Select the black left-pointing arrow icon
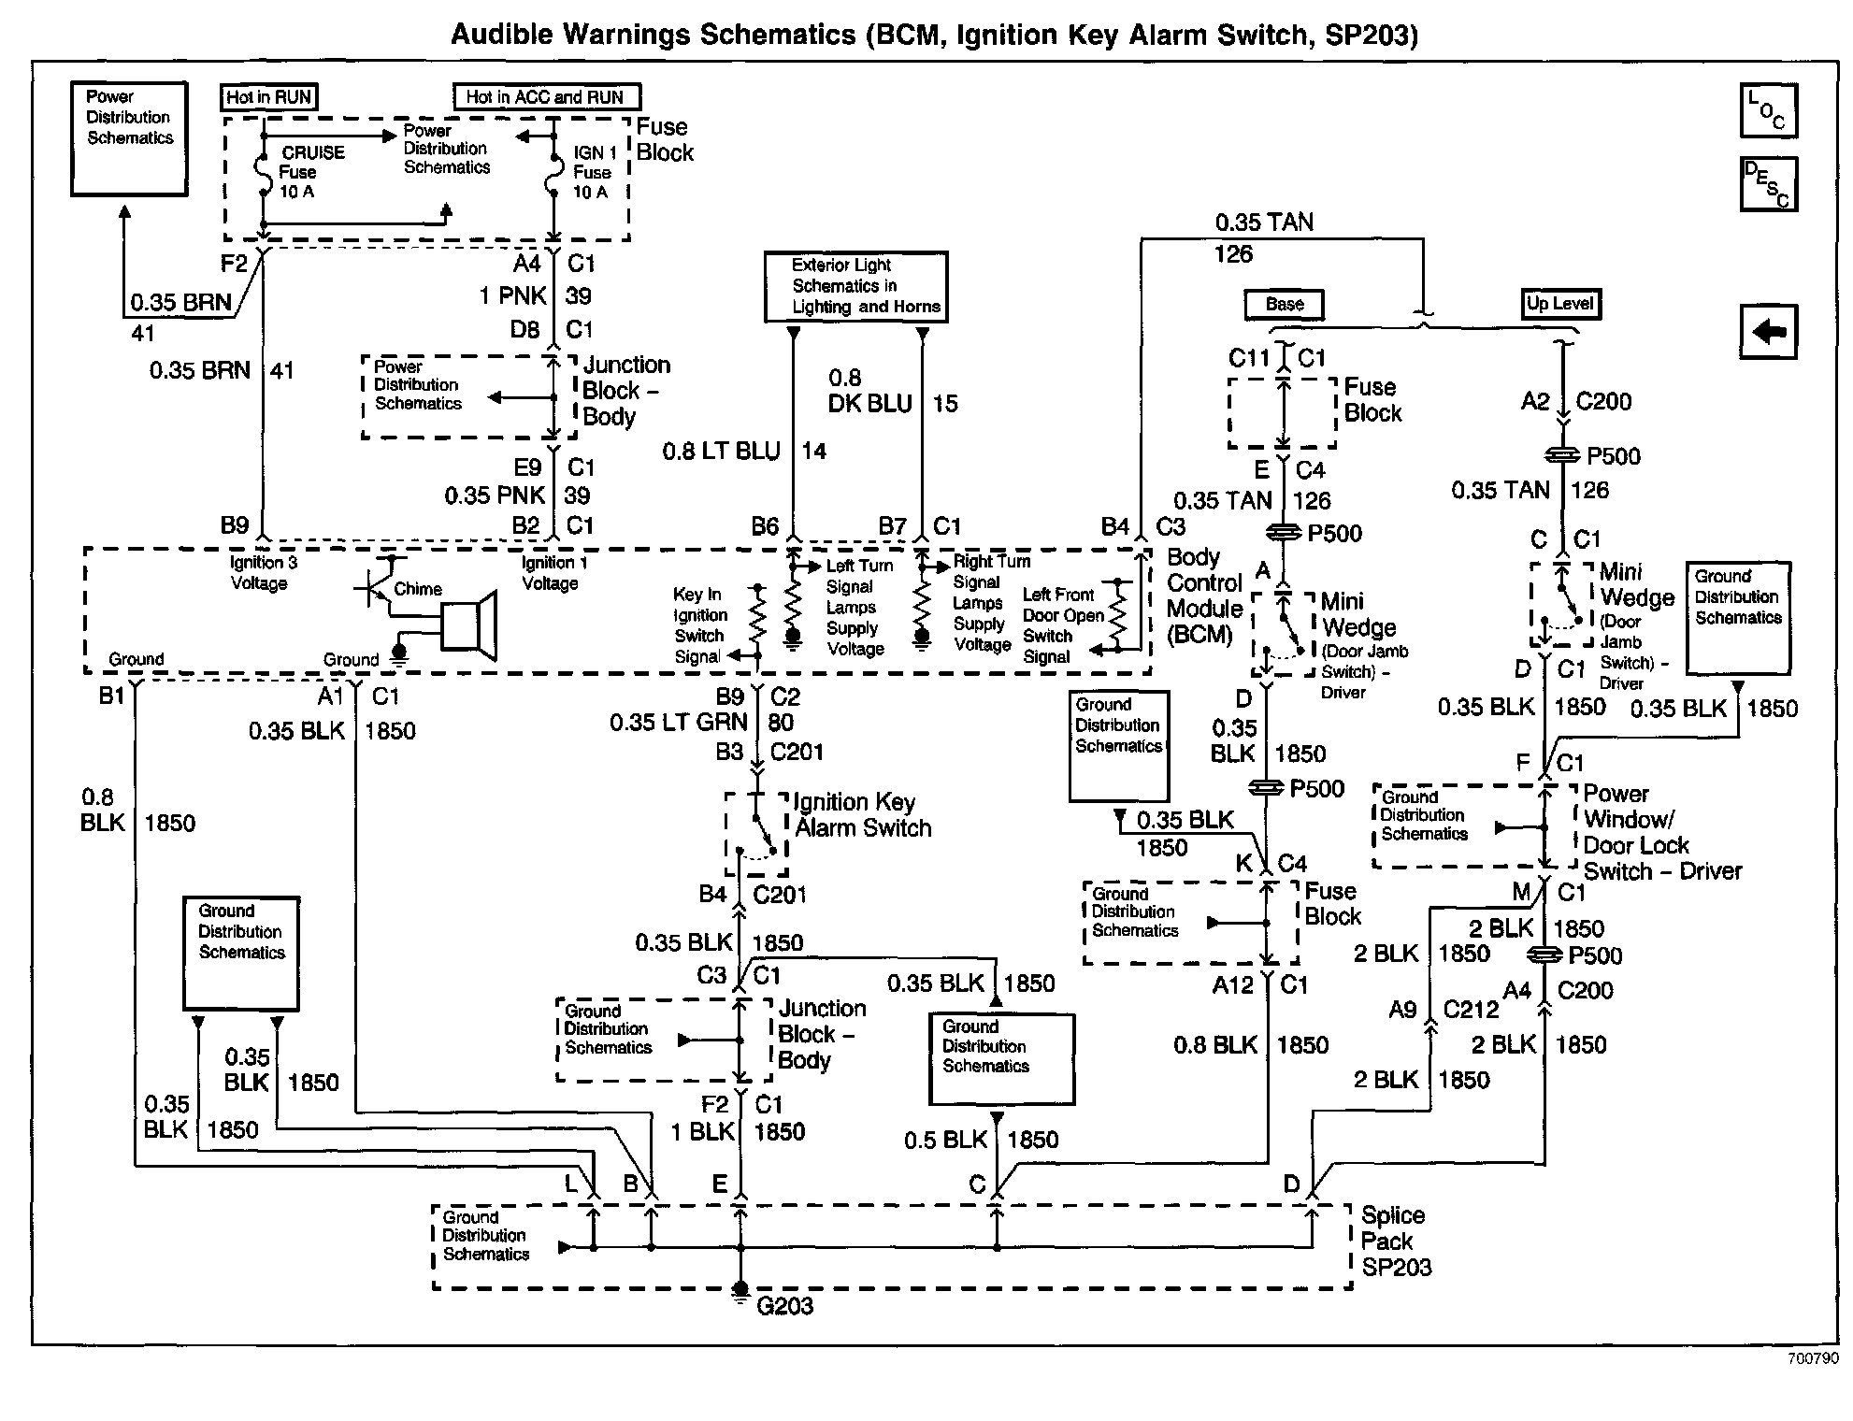tap(1768, 332)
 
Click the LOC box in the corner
tap(1768, 111)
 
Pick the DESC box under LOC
tap(1768, 183)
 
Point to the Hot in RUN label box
tap(269, 97)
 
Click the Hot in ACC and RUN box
tap(547, 97)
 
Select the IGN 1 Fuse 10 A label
tap(594, 172)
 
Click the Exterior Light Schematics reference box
tap(855, 286)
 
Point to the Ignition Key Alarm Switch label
tap(862, 815)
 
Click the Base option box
tap(1285, 305)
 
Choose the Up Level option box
tap(1559, 304)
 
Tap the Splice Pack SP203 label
tap(1395, 1242)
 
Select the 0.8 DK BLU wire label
tap(869, 392)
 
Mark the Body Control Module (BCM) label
tap(1204, 596)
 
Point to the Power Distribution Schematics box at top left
tap(130, 138)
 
